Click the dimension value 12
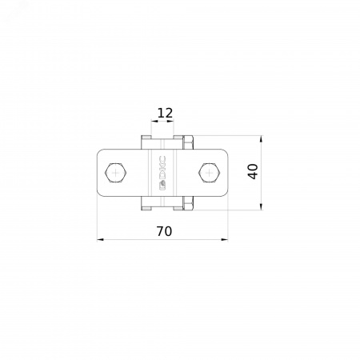click(166, 113)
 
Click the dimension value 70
click(164, 231)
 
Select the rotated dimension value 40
click(253, 171)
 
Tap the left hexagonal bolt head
click(116, 173)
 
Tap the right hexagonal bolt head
click(210, 173)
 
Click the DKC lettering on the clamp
click(162, 167)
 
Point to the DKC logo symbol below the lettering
click(162, 186)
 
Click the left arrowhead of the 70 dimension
click(100, 239)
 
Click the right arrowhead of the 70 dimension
click(225, 239)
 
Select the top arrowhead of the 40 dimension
click(261, 139)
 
